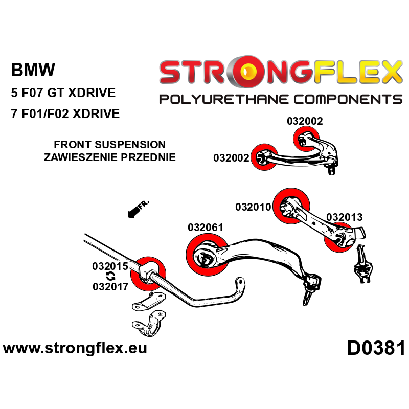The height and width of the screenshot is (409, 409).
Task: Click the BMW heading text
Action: pyautogui.click(x=33, y=70)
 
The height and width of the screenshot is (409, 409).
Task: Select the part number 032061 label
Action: pyautogui.click(x=205, y=228)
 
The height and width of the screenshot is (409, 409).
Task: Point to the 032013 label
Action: pyautogui.click(x=344, y=217)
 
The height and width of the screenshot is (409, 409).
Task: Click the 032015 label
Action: pyautogui.click(x=110, y=266)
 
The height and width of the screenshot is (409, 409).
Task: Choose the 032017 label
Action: pyautogui.click(x=110, y=286)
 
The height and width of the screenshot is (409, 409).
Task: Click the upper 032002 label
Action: pyautogui.click(x=305, y=121)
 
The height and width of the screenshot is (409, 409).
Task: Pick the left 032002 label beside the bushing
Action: pyautogui.click(x=231, y=158)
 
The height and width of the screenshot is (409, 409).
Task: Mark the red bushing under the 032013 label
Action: pyautogui.click(x=338, y=239)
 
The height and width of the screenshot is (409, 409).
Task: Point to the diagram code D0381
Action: pyautogui.click(x=376, y=349)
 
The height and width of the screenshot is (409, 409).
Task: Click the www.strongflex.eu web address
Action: pyautogui.click(x=75, y=349)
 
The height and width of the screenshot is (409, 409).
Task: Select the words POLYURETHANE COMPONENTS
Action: pyautogui.click(x=281, y=99)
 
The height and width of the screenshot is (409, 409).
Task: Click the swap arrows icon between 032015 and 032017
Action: pyautogui.click(x=110, y=277)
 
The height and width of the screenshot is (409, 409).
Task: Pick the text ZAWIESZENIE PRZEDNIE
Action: pyautogui.click(x=110, y=157)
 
